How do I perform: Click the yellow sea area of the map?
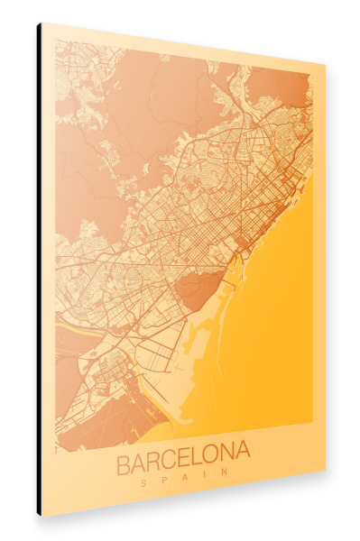click(271, 343)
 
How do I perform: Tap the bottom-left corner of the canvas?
click(43, 515)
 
